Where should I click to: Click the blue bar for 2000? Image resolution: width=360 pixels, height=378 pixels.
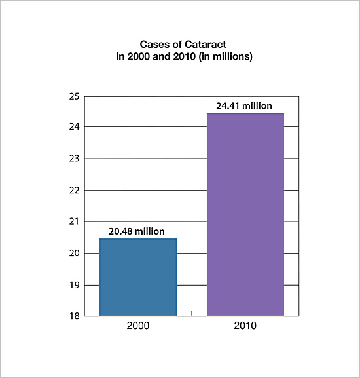pos(138,277)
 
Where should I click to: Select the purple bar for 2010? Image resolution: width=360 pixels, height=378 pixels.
pos(245,215)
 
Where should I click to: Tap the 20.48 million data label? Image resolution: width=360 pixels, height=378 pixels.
pos(137,231)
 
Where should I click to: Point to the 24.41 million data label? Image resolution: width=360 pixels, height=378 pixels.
pos(244,106)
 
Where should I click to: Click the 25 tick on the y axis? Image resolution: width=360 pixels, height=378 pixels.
pos(74,96)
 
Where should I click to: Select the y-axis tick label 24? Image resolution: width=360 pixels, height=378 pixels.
pos(74,126)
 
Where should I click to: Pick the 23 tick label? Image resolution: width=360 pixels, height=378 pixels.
pos(74,159)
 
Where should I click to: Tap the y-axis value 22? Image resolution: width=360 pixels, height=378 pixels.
pos(74,191)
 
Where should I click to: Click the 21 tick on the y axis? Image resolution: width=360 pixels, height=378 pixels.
pos(74,221)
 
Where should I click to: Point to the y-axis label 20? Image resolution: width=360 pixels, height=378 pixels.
pos(74,253)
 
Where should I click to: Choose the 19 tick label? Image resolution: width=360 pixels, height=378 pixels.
pos(74,285)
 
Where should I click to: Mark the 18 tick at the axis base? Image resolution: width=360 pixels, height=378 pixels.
pos(74,316)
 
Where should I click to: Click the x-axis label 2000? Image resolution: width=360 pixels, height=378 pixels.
pos(138,326)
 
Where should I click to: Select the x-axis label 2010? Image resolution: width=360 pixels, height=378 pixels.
pos(245,326)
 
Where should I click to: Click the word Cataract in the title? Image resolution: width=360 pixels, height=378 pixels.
pos(206,45)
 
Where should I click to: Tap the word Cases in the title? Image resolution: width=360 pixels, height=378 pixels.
pos(153,45)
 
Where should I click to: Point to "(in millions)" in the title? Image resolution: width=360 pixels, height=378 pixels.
pos(225,56)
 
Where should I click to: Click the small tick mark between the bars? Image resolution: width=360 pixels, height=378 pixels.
pos(192,313)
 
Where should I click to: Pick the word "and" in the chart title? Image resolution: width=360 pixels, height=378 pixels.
pos(162,56)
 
